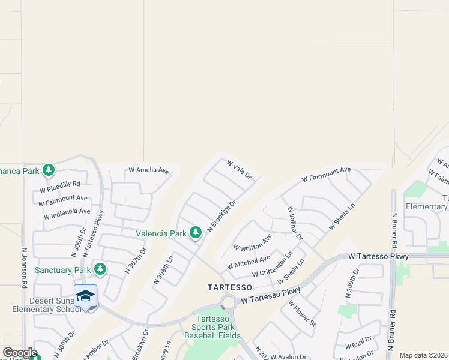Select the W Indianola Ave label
coord(67,211)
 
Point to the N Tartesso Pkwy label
coord(93,234)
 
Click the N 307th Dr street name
coord(136,261)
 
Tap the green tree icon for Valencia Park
coord(196,233)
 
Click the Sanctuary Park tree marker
coord(101,270)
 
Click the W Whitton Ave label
coord(252,242)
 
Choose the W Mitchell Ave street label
coord(249,262)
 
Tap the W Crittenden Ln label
coord(272,265)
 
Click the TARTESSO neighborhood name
coord(226,287)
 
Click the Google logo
coord(20,352)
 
